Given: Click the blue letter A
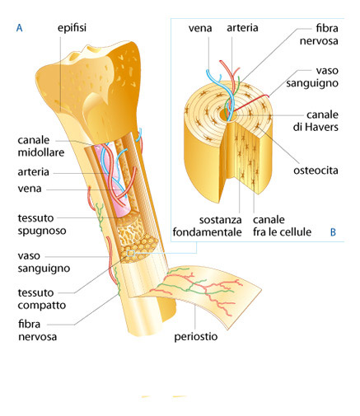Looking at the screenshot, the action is [x=19, y=28].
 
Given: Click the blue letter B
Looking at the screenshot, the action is [x=333, y=232].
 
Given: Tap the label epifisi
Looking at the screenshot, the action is [x=72, y=28].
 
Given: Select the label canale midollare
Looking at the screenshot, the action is [x=41, y=146].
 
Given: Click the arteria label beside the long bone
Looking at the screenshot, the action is [x=33, y=172].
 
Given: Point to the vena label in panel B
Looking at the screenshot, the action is [x=200, y=28].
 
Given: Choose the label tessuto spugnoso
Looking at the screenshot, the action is [x=42, y=224].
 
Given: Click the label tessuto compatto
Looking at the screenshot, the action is [x=42, y=299].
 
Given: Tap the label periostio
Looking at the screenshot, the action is [x=196, y=336].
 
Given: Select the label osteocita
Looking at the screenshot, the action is [x=316, y=171].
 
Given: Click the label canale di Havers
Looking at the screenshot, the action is [x=316, y=121].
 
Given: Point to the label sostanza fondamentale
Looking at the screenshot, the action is [x=207, y=226].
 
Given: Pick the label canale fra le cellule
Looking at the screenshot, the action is [x=282, y=226].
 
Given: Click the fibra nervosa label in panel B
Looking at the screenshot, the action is [x=319, y=35].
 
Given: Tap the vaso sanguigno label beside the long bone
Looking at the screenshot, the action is [x=44, y=262].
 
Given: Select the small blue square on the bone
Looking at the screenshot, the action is [x=131, y=253].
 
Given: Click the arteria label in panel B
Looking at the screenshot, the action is [x=242, y=28].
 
